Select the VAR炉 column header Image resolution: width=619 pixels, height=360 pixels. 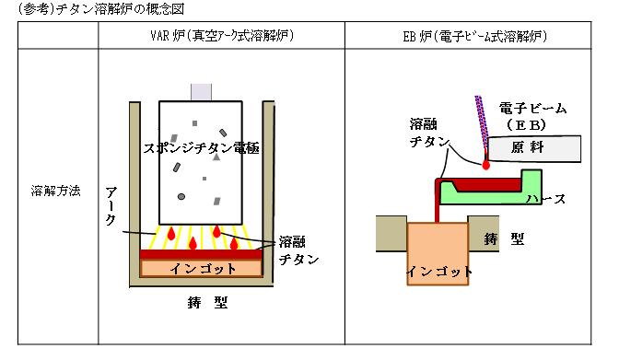point(222,36)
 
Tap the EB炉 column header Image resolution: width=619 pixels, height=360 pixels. point(475,36)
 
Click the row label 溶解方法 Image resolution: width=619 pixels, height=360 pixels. point(55,192)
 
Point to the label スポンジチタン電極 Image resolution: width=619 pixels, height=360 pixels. point(201,148)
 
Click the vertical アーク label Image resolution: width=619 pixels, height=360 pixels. point(111,206)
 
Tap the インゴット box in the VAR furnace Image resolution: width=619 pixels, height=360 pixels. point(202,269)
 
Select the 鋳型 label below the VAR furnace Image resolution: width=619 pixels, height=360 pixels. point(207,302)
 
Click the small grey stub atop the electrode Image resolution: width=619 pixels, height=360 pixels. point(202,92)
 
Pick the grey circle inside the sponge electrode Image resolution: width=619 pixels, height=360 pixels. point(181,196)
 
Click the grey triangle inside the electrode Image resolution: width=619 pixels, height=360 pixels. point(216,157)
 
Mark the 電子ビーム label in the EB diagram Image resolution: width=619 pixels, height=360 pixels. point(532,108)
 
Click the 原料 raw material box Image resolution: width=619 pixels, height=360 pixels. point(534,148)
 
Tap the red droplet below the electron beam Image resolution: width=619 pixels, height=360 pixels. point(486,164)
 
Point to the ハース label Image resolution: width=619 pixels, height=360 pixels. point(546,199)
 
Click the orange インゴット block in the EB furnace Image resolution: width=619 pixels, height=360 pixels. point(438,254)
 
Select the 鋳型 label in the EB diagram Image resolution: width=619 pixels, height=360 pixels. point(504,238)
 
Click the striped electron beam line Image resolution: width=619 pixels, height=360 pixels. point(483,122)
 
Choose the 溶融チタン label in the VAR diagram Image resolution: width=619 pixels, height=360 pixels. point(298,250)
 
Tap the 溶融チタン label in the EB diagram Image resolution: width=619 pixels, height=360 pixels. point(429,133)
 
